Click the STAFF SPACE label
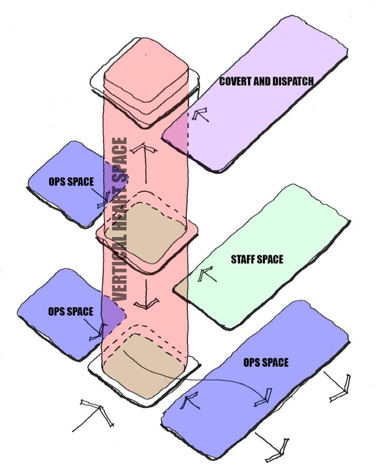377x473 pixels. pyautogui.click(x=257, y=260)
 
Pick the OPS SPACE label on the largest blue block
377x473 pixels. pyautogui.click(x=265, y=363)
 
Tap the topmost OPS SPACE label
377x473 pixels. pyautogui.click(x=71, y=182)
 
